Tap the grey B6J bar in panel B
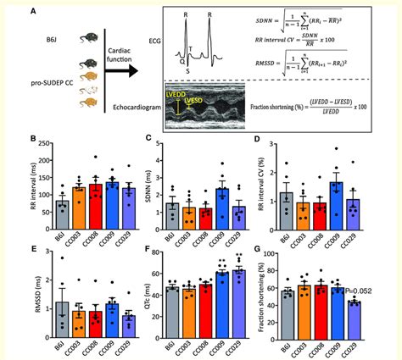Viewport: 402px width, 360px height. [61, 211]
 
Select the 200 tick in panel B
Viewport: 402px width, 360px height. [44, 143]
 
